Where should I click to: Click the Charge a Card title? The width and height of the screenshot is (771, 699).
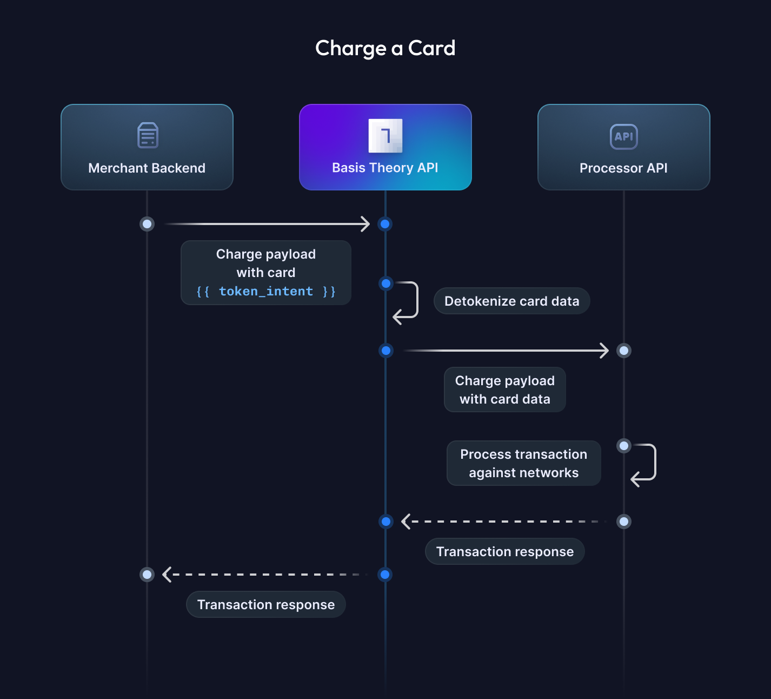point(385,48)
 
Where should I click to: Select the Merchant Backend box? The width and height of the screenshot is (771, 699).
point(147,147)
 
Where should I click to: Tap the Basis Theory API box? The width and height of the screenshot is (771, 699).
point(385,147)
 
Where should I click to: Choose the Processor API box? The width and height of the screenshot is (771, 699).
point(623,147)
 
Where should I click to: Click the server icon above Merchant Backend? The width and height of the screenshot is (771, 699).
point(148,135)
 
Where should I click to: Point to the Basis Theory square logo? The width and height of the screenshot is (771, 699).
point(385,135)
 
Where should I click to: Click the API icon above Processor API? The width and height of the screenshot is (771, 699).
point(623,136)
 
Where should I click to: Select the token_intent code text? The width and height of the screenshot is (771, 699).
point(265,292)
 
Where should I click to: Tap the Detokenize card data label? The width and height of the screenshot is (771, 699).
point(511,301)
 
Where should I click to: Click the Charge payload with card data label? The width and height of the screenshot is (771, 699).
point(504,390)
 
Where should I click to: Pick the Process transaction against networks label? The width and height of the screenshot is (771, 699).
point(523,463)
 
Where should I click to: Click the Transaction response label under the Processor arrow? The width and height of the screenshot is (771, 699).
point(504,552)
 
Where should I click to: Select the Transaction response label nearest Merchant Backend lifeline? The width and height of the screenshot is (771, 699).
point(265,605)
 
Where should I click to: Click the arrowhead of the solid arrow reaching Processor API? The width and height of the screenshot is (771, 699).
point(604,351)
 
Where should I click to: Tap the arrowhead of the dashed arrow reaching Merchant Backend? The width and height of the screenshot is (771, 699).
point(167,575)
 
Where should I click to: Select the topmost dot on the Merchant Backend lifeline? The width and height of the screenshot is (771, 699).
point(147,224)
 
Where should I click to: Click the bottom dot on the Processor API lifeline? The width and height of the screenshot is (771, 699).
point(624,522)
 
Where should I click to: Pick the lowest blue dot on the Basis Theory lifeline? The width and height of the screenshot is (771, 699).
point(385,575)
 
